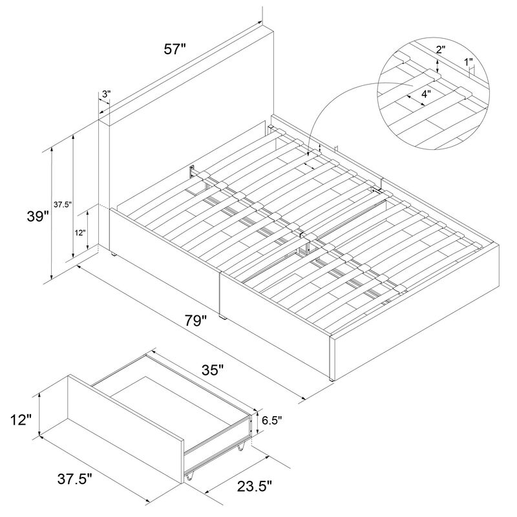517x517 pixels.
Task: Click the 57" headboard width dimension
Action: pos(175,50)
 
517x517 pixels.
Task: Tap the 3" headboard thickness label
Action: pos(106,94)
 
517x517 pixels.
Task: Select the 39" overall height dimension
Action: pos(38,216)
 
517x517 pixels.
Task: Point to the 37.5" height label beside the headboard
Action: pos(63,205)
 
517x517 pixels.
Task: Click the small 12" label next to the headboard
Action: pos(80,233)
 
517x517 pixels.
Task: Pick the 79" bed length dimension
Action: pos(196,321)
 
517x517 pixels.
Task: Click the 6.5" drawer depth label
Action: pos(272,420)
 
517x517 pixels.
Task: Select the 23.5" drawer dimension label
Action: pos(255,486)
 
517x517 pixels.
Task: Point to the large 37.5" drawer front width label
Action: pos(75,479)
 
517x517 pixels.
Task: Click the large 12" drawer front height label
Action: pos(21,420)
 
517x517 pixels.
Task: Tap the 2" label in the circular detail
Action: pos(441,50)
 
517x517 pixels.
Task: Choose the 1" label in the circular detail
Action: pos(469,61)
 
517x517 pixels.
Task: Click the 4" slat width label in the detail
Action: pos(427,94)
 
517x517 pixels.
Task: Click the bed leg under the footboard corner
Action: pos(332,379)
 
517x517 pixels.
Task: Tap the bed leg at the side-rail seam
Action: pos(222,317)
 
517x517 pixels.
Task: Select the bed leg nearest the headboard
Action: pos(113,254)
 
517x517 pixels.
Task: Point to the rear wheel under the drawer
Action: pos(241,447)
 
